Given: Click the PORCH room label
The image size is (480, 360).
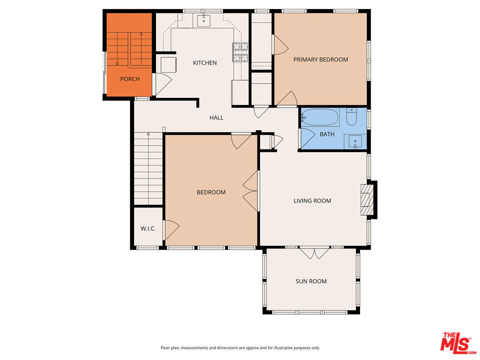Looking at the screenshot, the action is (x=130, y=79).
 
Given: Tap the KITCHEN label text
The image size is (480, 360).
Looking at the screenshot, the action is (x=205, y=63).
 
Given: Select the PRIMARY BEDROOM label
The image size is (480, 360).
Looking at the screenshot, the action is (x=320, y=59).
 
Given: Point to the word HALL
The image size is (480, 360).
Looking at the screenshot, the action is (x=216, y=117).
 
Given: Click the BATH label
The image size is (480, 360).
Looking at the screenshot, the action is (x=327, y=134).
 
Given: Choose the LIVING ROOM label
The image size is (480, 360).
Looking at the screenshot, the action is (x=312, y=201).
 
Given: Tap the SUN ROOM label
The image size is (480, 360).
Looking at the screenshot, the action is (x=311, y=281).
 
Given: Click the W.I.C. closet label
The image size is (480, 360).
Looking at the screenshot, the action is (x=148, y=228).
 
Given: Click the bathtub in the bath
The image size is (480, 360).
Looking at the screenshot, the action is (x=319, y=117).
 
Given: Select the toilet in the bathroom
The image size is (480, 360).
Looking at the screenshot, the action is (x=351, y=116).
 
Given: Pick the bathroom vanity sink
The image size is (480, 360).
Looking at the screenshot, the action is (x=355, y=141).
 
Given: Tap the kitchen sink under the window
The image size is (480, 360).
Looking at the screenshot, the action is (x=203, y=20).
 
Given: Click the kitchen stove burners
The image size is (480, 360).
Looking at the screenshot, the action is (x=240, y=52).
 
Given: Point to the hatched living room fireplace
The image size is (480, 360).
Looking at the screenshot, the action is (x=366, y=200).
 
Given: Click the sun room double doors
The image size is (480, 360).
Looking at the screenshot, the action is (x=314, y=252).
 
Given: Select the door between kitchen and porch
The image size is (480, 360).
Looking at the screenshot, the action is (x=161, y=84).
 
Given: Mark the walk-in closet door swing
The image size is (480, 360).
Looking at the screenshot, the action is (x=171, y=230).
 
